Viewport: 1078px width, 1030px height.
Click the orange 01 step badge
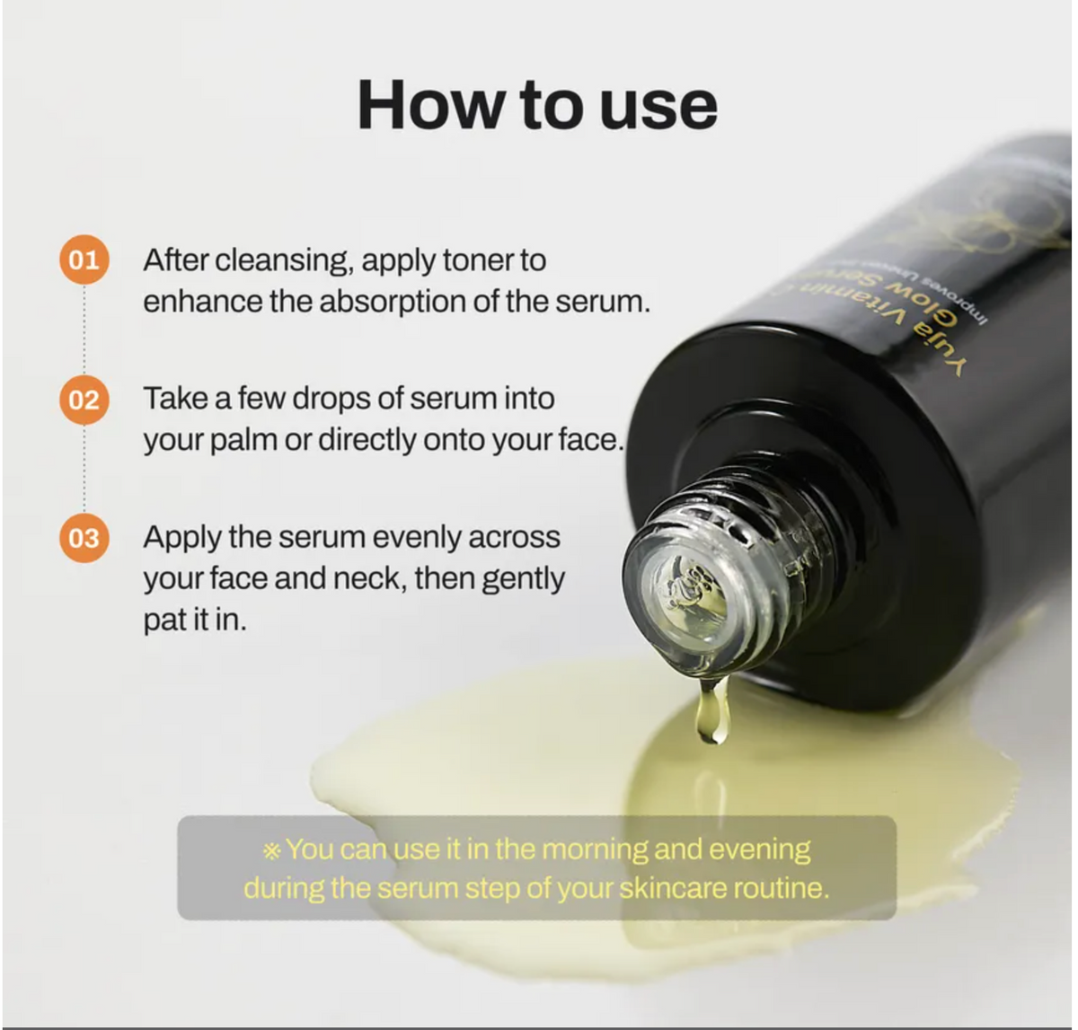point(84,261)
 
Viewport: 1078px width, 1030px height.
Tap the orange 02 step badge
point(84,399)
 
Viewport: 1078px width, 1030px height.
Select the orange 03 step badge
point(84,538)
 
